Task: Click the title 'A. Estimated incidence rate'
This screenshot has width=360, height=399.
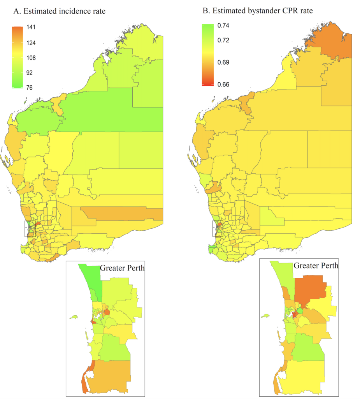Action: pyautogui.click(x=60, y=11)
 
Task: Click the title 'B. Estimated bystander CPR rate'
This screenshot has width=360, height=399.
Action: pyautogui.click(x=258, y=11)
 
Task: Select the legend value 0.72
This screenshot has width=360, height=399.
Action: pyautogui.click(x=223, y=40)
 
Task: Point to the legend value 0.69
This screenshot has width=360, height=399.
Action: pyautogui.click(x=223, y=62)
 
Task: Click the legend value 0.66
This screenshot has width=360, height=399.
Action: pyautogui.click(x=223, y=84)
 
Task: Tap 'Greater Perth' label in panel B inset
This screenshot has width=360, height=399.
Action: pyautogui.click(x=316, y=266)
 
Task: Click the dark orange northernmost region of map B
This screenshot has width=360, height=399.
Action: pyautogui.click(x=331, y=45)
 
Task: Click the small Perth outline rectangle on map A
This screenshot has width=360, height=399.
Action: pyautogui.click(x=30, y=228)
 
